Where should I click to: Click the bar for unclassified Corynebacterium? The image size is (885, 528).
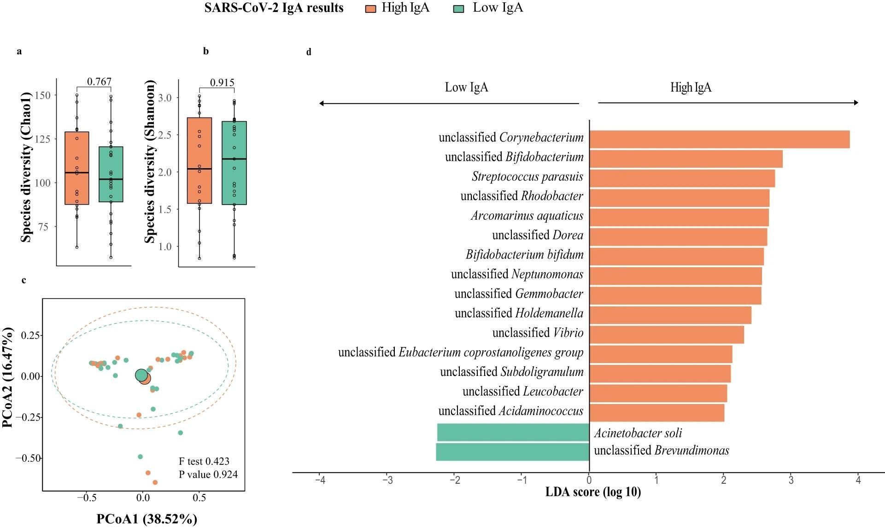[x=719, y=139]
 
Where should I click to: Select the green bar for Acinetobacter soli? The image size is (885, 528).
[x=513, y=432]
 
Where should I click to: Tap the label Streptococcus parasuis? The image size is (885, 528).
[x=527, y=176]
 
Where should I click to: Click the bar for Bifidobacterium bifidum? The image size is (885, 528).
[x=676, y=256]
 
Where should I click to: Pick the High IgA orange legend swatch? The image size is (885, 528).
[x=371, y=8]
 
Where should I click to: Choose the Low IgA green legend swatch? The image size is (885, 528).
[x=458, y=8]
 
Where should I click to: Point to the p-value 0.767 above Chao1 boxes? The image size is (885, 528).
[x=99, y=82]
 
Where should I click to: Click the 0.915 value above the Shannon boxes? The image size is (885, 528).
[x=222, y=82]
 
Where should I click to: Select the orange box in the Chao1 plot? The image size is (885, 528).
[x=76, y=168]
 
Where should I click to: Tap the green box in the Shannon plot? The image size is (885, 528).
[x=234, y=163]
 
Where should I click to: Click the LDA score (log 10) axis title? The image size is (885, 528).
[x=592, y=492]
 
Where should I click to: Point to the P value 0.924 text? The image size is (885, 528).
[x=208, y=474]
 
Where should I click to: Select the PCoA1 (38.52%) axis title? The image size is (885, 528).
[x=147, y=519]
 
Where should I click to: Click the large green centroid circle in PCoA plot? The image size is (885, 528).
[x=141, y=375]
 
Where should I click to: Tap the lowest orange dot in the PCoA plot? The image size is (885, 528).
[x=155, y=482]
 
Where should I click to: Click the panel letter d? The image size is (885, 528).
[x=309, y=52]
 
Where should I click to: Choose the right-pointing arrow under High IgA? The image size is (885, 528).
[x=728, y=102]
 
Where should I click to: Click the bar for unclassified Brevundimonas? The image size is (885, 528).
[x=512, y=452]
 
